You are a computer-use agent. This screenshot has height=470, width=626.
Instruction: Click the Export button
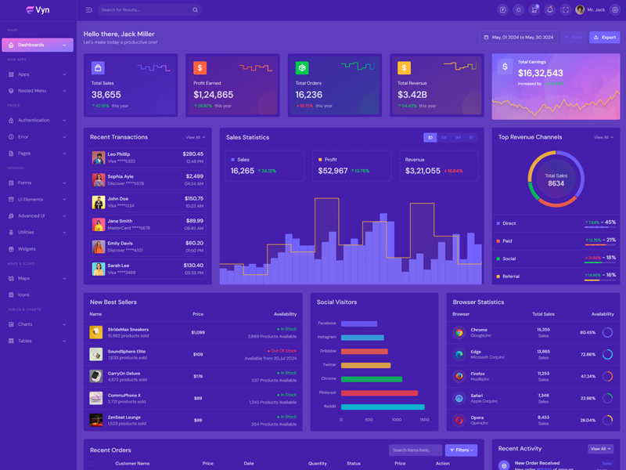604,37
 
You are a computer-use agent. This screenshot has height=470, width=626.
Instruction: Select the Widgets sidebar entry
27,249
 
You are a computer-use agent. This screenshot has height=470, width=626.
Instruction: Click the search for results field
145,10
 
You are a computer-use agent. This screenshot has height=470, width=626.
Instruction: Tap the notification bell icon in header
549,10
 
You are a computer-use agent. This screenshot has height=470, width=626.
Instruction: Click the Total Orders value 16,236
309,95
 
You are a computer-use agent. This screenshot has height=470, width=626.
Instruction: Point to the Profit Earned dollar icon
200,68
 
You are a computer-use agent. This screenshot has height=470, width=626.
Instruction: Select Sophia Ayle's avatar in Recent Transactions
98,180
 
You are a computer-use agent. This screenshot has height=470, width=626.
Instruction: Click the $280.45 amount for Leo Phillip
193,154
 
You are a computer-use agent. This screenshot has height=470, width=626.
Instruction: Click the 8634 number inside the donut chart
556,183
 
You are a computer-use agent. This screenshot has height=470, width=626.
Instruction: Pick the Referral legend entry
510,277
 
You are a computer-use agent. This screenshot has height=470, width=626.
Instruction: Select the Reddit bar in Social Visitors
383,407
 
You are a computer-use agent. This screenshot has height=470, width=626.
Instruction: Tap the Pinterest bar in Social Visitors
380,393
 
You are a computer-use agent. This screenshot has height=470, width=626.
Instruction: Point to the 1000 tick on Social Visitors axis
397,420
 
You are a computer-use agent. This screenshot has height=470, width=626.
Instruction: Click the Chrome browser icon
459,332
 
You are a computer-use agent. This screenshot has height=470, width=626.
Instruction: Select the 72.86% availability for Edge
587,355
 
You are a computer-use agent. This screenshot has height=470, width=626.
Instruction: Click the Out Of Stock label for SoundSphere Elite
282,351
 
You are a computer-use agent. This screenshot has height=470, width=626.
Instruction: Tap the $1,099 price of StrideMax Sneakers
198,332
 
